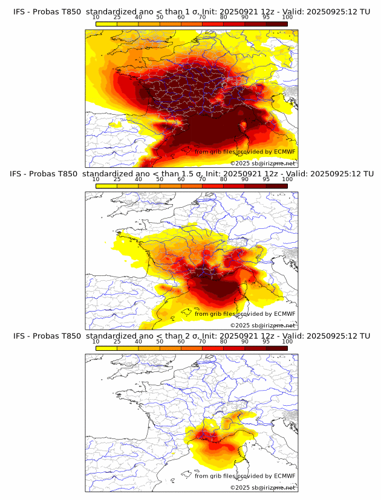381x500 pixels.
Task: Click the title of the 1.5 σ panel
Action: [x=191, y=173]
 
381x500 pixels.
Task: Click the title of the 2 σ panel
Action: [x=191, y=336]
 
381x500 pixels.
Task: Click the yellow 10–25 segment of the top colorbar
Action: [x=106, y=24]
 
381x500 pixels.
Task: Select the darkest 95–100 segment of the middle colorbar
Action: [x=276, y=186]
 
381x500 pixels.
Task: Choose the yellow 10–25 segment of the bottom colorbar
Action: [x=106, y=348]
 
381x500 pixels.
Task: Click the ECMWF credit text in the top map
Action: [x=245, y=152]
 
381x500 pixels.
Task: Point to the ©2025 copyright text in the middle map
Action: [x=262, y=325]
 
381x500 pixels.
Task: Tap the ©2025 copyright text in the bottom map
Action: [x=262, y=487]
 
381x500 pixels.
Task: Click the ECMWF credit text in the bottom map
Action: [x=245, y=476]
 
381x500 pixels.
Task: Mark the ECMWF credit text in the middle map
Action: [x=245, y=313]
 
